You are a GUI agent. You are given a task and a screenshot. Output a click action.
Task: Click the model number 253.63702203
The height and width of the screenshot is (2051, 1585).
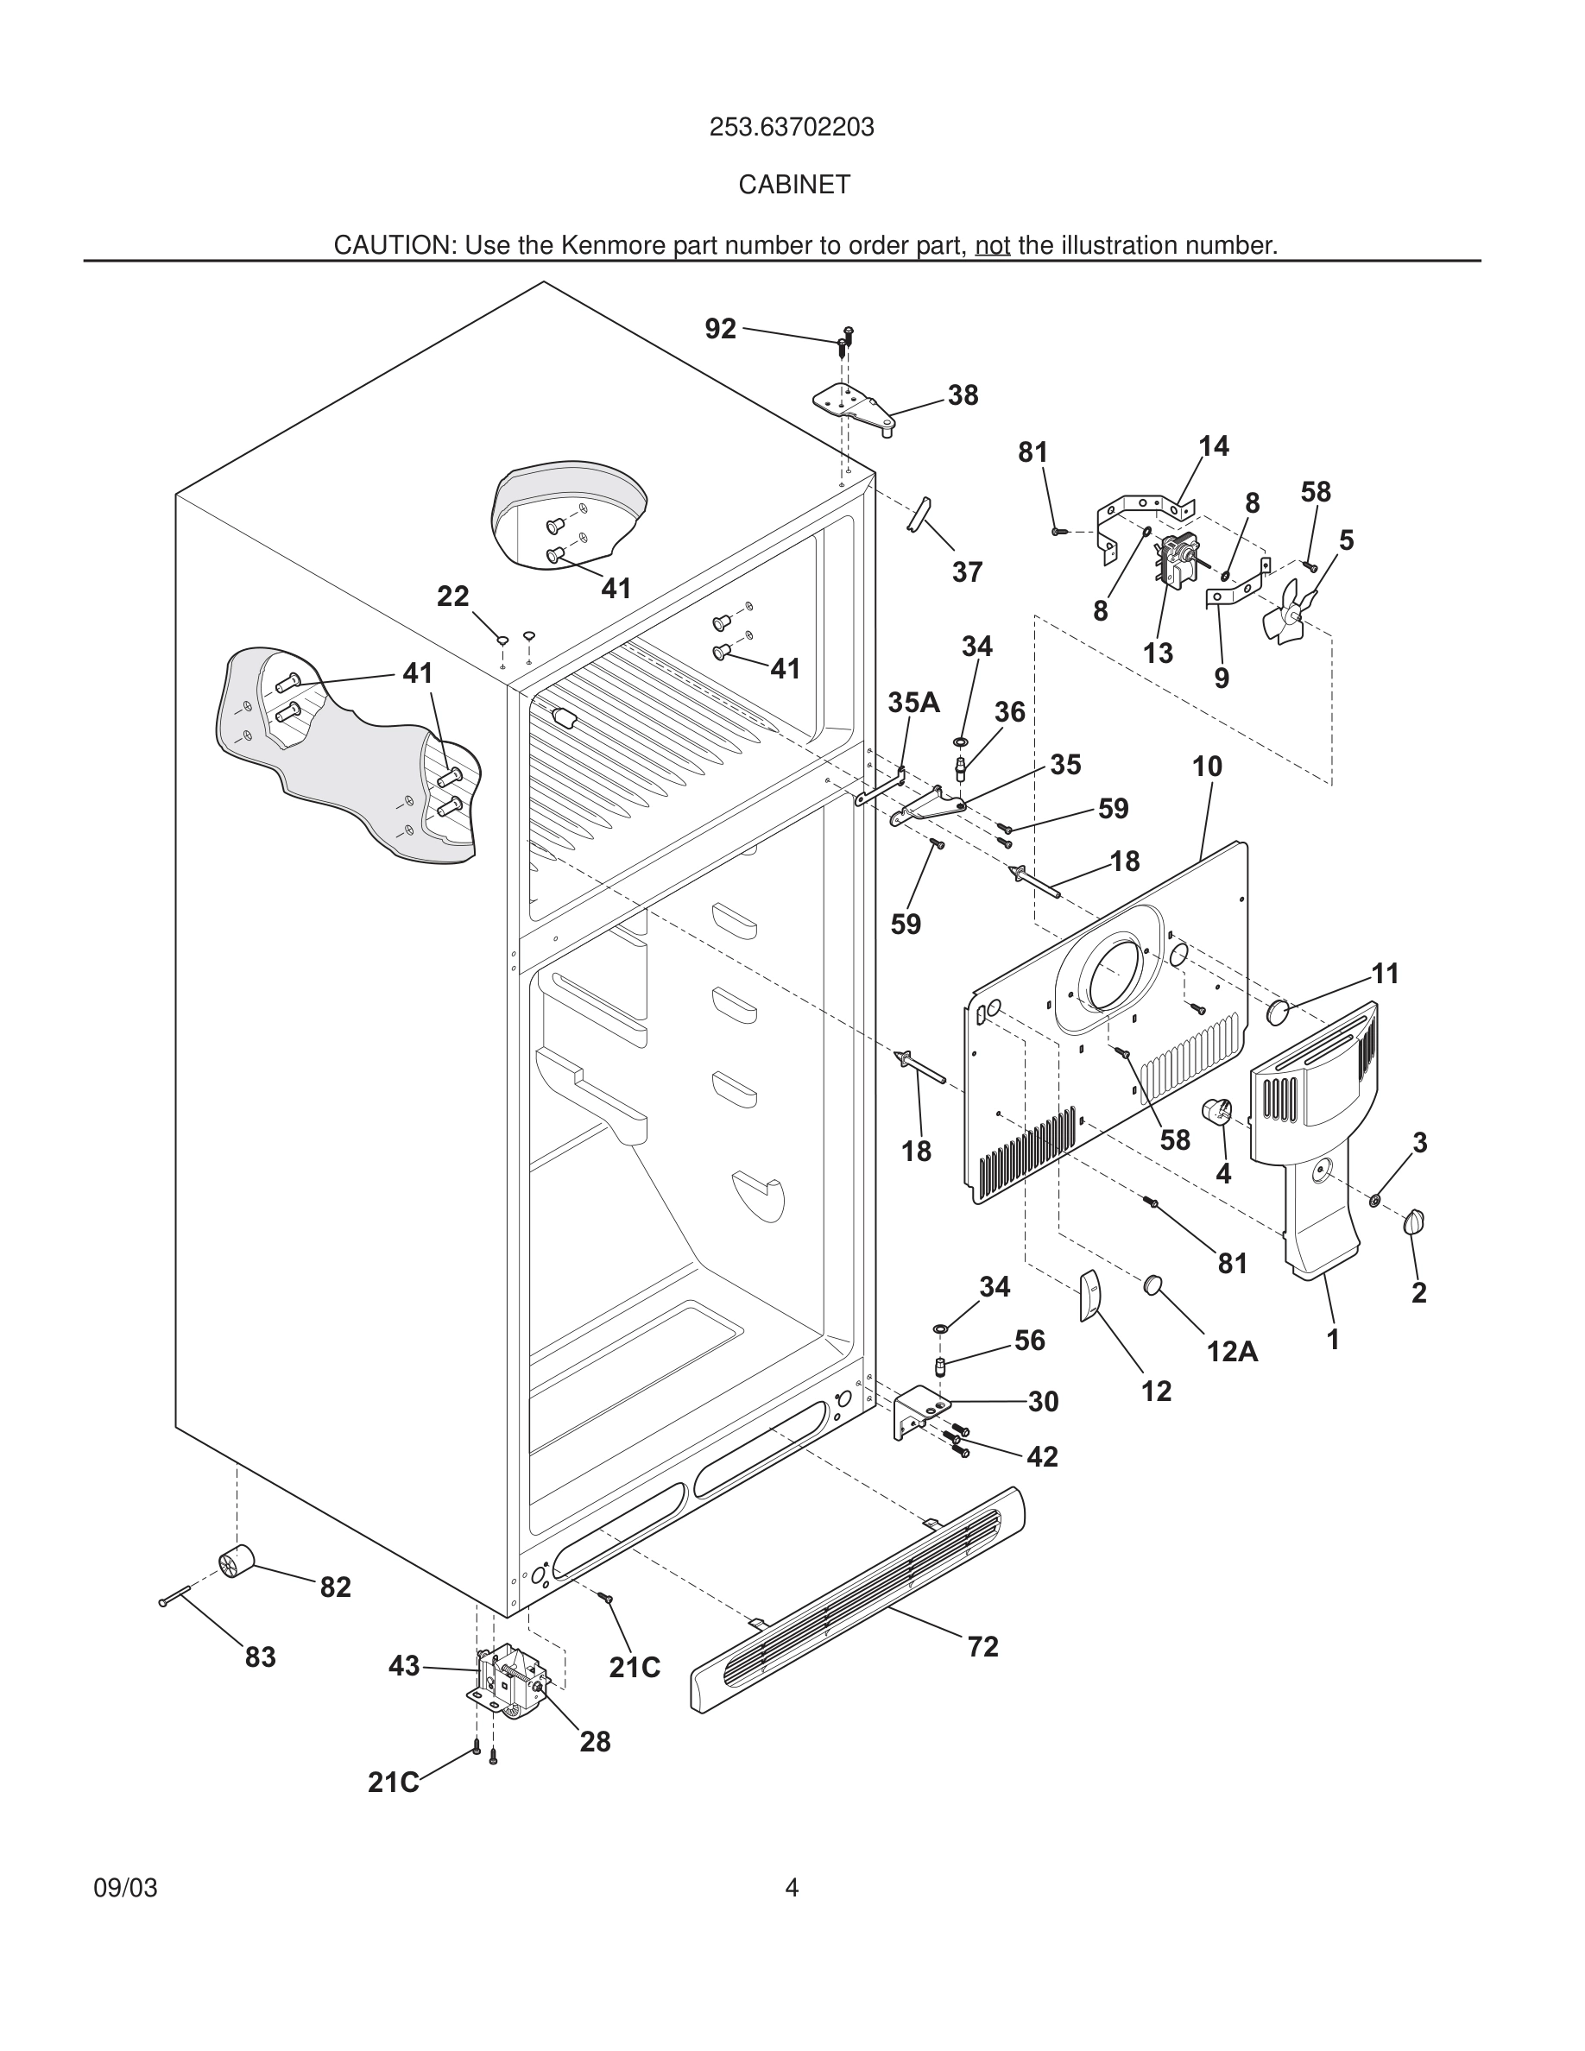click(792, 127)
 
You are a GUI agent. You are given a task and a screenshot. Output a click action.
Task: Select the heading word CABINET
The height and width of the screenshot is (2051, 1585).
click(793, 185)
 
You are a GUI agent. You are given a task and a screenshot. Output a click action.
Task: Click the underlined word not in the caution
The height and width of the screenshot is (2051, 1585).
click(993, 246)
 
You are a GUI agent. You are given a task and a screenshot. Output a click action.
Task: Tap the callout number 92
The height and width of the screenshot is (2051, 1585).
click(720, 329)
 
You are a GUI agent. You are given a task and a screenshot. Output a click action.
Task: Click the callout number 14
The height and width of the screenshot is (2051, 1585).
click(1213, 446)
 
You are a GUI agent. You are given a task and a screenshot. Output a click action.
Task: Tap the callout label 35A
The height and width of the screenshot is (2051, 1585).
click(913, 703)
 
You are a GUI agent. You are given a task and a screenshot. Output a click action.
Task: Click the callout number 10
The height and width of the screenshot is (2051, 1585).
click(1208, 767)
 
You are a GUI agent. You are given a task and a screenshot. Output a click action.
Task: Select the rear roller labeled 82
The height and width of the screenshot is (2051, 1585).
click(236, 1560)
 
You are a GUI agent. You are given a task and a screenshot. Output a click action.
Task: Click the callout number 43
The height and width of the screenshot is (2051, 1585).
click(404, 1666)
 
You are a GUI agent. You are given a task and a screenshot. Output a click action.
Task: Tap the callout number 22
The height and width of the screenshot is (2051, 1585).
click(452, 596)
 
